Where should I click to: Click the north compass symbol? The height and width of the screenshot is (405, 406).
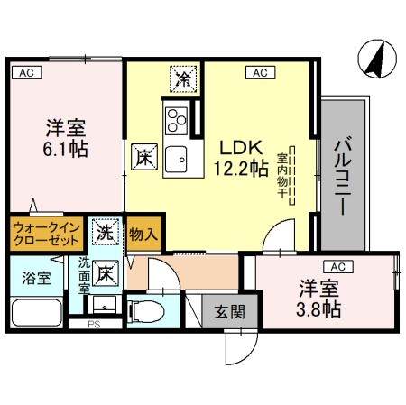pos(377,60)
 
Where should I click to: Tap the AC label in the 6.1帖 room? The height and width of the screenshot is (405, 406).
pos(27,73)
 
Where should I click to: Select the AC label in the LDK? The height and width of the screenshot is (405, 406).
pos(261,72)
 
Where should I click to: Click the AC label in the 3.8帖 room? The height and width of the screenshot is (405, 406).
pos(338,266)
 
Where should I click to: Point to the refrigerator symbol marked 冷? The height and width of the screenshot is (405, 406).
pos(183,78)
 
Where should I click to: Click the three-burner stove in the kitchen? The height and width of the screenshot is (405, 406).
pos(177,121)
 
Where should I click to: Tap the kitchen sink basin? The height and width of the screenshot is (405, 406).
pos(176,160)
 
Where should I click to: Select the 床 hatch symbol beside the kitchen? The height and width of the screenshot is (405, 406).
pos(144,157)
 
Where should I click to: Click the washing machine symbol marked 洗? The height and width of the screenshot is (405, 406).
pos(106,232)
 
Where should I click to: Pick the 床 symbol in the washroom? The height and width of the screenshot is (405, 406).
pos(106,273)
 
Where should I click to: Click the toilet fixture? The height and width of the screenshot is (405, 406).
pos(146,312)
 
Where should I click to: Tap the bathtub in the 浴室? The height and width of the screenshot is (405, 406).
pos(37,313)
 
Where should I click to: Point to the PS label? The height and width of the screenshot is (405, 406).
pos(94,325)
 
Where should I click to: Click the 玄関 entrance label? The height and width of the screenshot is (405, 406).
pos(230,312)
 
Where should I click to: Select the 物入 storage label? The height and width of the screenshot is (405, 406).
pos(143,234)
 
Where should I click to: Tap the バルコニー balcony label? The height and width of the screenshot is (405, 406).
pos(343,176)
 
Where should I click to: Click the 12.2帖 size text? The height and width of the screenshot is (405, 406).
pos(241,169)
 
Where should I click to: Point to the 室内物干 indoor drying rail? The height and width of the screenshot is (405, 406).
pos(292,176)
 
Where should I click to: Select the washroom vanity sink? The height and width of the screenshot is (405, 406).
pos(105,305)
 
